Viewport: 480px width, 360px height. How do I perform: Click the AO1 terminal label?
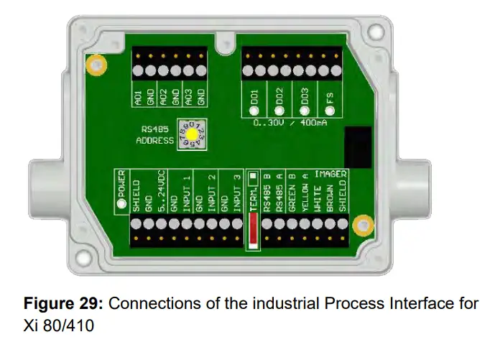(138, 97)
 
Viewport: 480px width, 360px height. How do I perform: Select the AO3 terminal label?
(189, 97)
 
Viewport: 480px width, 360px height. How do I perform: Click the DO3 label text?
(305, 96)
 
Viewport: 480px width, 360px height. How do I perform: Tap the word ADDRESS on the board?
(154, 141)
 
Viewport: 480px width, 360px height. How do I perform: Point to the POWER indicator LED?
(121, 203)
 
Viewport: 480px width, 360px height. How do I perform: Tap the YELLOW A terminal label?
(305, 193)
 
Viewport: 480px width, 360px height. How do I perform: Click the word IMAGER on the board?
(331, 174)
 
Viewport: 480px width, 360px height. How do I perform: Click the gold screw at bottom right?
(364, 225)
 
